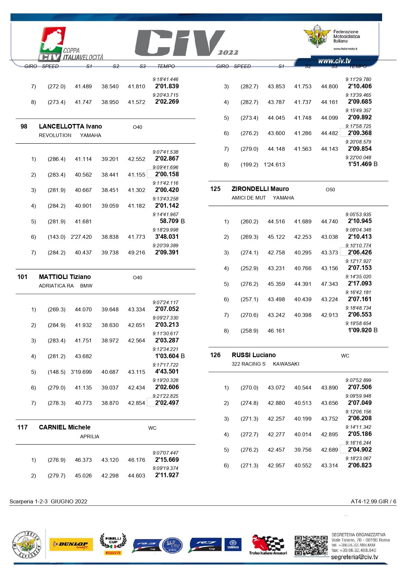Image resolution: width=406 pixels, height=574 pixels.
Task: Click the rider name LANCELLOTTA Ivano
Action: point(70,127)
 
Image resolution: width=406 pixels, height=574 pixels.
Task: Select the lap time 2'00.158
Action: point(167,174)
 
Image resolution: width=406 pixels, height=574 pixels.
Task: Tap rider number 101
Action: point(22,277)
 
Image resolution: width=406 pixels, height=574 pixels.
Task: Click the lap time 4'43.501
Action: point(167,372)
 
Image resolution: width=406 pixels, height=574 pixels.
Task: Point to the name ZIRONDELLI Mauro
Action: point(260,189)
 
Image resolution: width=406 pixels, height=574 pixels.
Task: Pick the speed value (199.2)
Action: point(249,165)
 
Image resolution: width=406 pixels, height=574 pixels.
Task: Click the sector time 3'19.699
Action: point(81,372)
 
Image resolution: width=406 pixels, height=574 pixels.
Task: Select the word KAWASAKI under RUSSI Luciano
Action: point(286,364)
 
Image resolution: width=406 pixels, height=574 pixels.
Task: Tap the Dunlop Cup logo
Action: point(71,545)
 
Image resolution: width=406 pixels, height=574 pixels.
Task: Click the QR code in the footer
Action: point(310,545)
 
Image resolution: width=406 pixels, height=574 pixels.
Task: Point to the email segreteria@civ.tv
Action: point(354,557)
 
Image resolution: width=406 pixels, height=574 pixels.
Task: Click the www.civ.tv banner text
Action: point(334,61)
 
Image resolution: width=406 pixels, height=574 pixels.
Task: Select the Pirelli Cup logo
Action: point(113,544)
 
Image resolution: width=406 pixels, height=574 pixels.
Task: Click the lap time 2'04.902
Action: point(360,450)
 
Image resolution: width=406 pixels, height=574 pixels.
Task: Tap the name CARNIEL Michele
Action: point(65,427)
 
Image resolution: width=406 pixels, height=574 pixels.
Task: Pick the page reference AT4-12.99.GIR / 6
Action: point(373,501)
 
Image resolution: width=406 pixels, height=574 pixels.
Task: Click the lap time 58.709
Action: point(169,221)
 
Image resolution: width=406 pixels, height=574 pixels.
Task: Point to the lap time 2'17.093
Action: point(360,284)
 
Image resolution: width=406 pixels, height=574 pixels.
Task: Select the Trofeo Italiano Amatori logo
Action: point(268,545)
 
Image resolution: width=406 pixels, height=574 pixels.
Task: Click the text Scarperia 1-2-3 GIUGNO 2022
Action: point(48,501)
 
